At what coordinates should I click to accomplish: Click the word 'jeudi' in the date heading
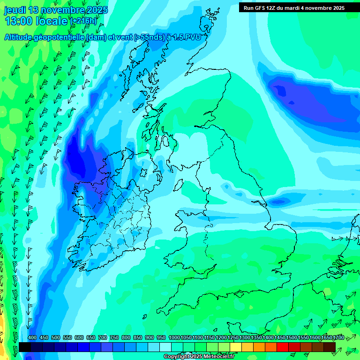click(x=15, y=10)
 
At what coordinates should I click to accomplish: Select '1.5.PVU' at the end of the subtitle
click(x=184, y=37)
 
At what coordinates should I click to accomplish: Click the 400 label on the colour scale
click(x=32, y=338)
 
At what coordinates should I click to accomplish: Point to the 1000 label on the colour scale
click(x=174, y=338)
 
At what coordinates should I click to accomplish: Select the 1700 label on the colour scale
click(x=338, y=338)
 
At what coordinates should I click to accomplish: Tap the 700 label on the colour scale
click(x=103, y=338)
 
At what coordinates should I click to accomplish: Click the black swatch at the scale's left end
click(x=25, y=347)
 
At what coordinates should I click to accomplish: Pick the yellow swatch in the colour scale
click(x=236, y=347)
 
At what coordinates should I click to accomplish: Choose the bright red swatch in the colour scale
click(x=283, y=347)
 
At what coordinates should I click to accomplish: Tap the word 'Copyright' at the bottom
click(x=178, y=357)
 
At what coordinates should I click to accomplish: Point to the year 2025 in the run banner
click(x=337, y=7)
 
